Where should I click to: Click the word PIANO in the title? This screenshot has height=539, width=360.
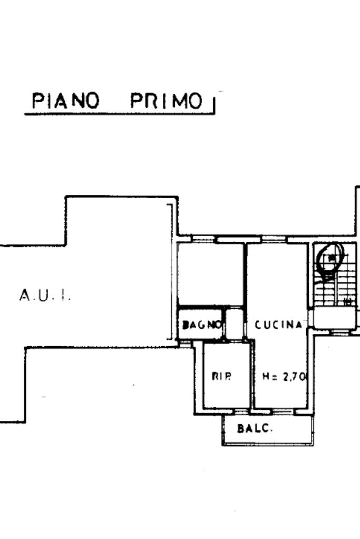pos(66,101)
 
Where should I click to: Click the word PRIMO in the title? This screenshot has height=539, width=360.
pos(167,101)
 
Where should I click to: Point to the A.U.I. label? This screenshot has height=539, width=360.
pos(45,296)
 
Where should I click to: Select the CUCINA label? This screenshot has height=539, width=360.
pos(279,325)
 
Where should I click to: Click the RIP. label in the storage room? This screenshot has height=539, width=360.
pos(222,376)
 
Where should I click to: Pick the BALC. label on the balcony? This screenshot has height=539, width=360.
pos(255,428)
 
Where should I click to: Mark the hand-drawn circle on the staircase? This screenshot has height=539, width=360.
pos(330,259)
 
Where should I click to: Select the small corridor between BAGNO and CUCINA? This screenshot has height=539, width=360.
pos(235,324)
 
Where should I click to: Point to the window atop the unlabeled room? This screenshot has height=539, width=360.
pos(204,240)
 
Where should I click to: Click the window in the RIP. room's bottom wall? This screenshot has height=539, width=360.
pos(241,410)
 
